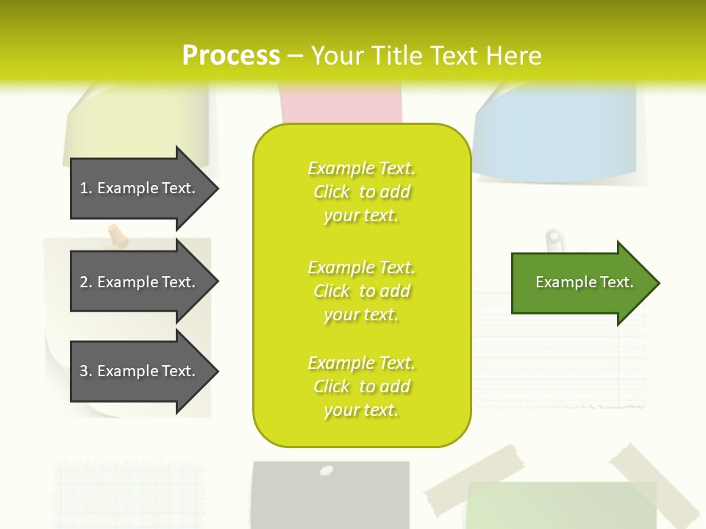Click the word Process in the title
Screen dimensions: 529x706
[231, 56]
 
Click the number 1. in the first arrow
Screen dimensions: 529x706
[86, 189]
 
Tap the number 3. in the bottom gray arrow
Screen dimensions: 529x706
[86, 372]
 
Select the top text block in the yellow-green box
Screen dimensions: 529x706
[361, 192]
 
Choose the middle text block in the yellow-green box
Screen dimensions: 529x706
[361, 291]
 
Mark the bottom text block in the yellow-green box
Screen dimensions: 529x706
[361, 386]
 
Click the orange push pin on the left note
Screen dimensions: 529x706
[115, 236]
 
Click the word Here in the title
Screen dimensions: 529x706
[513, 56]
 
